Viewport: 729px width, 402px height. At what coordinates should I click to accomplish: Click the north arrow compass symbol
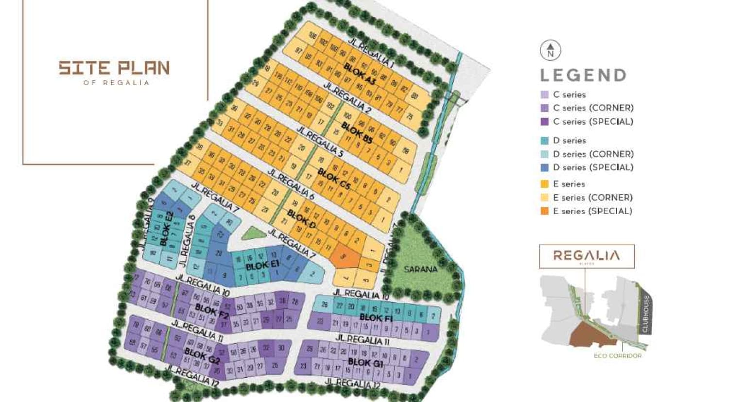pyautogui.click(x=550, y=50)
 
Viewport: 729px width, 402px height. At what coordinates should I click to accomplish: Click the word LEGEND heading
pyautogui.click(x=584, y=75)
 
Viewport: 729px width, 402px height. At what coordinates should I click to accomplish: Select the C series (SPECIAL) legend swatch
pyautogui.click(x=544, y=122)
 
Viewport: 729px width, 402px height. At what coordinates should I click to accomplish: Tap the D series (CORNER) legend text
pyautogui.click(x=593, y=154)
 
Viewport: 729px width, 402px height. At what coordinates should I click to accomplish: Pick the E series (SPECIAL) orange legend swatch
pyautogui.click(x=544, y=211)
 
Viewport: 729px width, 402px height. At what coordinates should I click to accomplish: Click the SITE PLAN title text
pyautogui.click(x=114, y=68)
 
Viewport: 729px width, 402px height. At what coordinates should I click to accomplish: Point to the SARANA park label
pyautogui.click(x=421, y=269)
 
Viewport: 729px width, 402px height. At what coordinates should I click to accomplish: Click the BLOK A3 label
pyautogui.click(x=360, y=73)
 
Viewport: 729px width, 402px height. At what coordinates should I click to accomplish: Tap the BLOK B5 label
pyautogui.click(x=357, y=133)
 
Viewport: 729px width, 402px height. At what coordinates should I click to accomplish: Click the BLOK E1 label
pyautogui.click(x=262, y=266)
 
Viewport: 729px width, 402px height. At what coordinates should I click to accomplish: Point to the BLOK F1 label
pyautogui.click(x=376, y=318)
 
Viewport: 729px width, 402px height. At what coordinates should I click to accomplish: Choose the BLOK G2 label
pyautogui.click(x=202, y=356)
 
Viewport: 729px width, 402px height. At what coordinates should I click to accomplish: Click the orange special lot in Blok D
pyautogui.click(x=347, y=256)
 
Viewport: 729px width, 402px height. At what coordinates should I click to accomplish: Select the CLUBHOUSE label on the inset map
pyautogui.click(x=645, y=314)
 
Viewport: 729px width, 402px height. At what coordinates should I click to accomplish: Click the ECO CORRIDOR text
pyautogui.click(x=617, y=356)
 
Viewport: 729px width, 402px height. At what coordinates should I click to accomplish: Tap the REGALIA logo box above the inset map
pyautogui.click(x=587, y=256)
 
